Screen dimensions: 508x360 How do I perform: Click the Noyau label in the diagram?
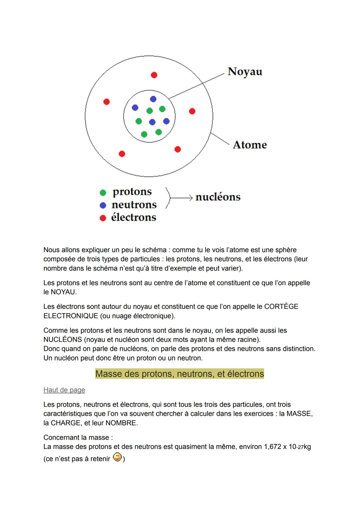(x=245, y=72)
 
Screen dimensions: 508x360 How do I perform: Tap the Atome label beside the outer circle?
(x=250, y=145)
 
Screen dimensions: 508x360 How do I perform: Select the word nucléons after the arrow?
(x=218, y=197)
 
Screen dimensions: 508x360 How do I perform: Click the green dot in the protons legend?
(x=103, y=193)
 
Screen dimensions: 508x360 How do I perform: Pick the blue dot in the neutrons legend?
(x=103, y=205)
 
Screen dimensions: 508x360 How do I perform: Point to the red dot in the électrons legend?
(x=103, y=218)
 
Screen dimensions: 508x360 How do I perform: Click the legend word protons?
(x=132, y=192)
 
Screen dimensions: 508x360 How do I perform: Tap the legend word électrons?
(x=133, y=217)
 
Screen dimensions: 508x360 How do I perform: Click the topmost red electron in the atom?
(x=154, y=75)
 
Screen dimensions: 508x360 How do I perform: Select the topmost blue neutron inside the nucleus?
(x=153, y=99)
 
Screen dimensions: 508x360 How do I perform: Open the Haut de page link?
(x=64, y=390)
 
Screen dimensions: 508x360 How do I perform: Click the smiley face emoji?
(x=117, y=457)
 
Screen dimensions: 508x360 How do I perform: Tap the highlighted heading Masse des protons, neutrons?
(x=179, y=374)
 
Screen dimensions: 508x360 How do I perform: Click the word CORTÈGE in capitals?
(x=281, y=306)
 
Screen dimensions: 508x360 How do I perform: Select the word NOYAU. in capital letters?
(x=63, y=292)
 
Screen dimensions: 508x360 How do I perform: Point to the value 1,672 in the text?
(x=272, y=447)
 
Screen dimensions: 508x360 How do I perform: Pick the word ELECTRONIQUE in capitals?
(x=71, y=316)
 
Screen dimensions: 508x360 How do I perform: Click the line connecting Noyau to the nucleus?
(x=197, y=86)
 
